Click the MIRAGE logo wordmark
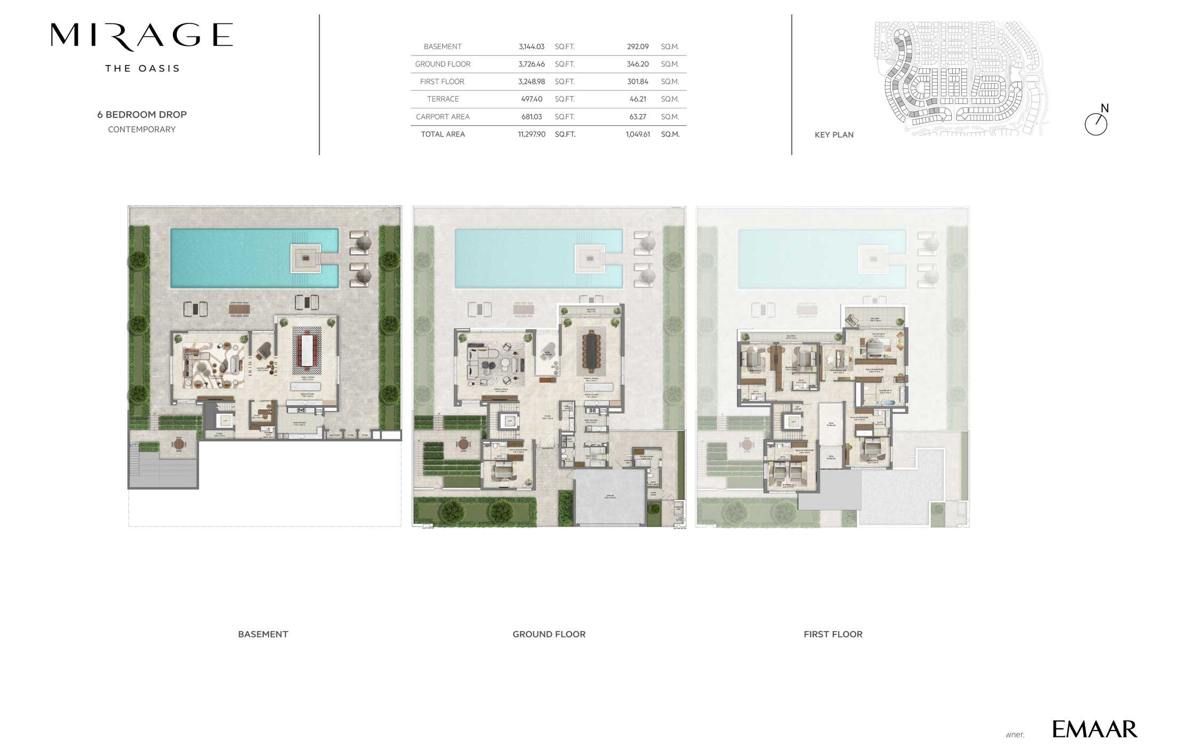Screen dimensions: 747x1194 coord(141,36)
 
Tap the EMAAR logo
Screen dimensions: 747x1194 coord(1094,729)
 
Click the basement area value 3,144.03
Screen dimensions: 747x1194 coord(531,47)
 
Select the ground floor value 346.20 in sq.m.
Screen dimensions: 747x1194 coord(637,64)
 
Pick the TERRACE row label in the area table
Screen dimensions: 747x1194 coord(442,99)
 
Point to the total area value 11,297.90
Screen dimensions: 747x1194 coord(531,134)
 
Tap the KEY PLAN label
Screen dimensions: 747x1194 coord(834,135)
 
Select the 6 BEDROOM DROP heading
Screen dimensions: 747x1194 coord(141,115)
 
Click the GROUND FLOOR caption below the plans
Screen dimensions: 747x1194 coord(549,634)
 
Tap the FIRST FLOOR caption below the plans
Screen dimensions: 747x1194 coord(833,634)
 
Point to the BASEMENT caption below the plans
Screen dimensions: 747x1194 coord(263,634)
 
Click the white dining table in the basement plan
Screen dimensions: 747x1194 coord(307,351)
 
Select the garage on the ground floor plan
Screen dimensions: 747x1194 coord(610,496)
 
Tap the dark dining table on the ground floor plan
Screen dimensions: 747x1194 coord(591,351)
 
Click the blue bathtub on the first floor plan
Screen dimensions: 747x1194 coord(887,403)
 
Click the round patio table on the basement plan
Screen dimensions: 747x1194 coord(179,444)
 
